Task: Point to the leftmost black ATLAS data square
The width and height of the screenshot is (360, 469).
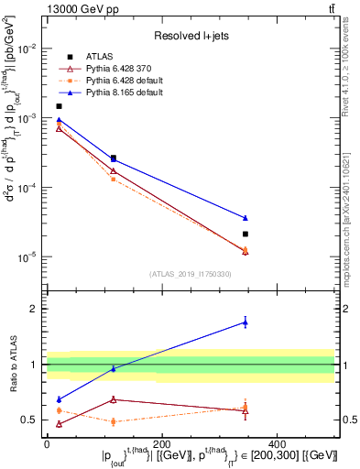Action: (x=60, y=106)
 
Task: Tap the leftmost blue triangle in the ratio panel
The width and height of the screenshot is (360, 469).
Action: (x=60, y=399)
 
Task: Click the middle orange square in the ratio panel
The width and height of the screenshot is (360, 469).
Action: (x=113, y=421)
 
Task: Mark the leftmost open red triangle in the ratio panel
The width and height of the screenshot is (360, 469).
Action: (x=60, y=424)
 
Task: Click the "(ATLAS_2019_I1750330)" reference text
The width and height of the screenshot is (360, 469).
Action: (x=191, y=274)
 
